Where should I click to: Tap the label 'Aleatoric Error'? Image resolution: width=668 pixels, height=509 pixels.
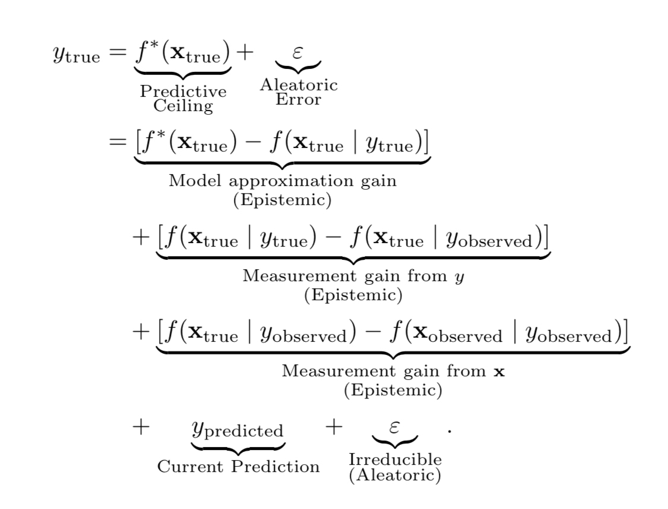(299, 92)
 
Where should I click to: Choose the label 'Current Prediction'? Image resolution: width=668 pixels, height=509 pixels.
(238, 466)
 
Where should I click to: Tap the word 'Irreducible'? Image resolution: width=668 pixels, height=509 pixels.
(395, 459)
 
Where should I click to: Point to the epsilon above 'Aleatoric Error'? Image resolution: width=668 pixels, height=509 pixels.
(299, 52)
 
